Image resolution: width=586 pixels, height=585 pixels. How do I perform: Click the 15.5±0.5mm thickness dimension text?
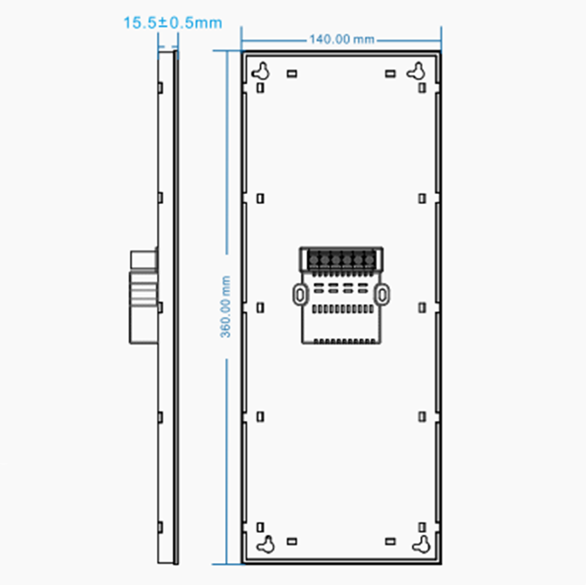pos(171,23)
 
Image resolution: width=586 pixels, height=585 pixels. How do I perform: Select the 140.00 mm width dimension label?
pos(341,38)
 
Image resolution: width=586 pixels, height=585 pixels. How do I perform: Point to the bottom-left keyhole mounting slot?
pos(263,544)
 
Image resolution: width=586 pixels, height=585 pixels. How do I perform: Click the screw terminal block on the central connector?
pos(341,260)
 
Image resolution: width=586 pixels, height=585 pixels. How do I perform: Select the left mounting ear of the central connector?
pos(299,293)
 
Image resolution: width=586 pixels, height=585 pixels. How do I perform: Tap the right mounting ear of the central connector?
pos(382,293)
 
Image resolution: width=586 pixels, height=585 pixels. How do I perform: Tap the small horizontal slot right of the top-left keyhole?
pos(292,73)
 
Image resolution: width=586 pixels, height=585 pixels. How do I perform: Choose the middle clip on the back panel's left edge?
pos(260,307)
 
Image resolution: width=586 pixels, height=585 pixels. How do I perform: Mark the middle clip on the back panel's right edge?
pos(422,307)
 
